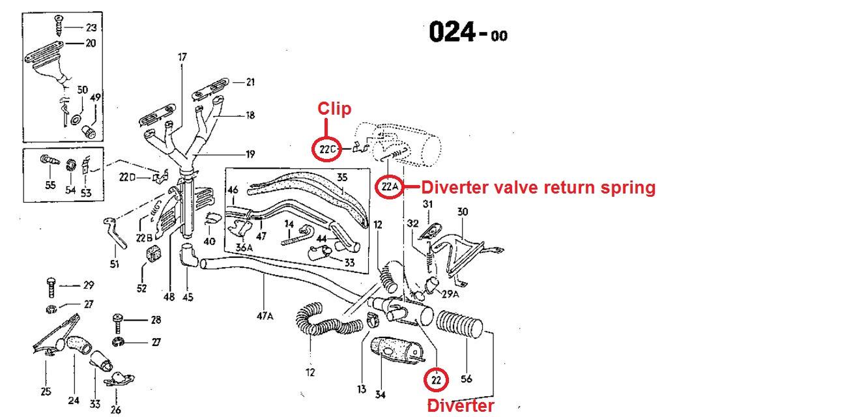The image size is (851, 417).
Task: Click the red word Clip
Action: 334,109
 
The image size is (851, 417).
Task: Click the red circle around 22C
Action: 327,149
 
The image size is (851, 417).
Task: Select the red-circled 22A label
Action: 389,188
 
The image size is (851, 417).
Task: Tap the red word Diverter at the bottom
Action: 460,406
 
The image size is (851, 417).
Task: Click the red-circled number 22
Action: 436,379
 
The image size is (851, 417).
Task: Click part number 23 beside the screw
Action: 91,27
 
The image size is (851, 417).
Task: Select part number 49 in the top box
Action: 95,98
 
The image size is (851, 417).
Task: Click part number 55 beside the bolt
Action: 50,185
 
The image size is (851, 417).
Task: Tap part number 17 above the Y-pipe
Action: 182,57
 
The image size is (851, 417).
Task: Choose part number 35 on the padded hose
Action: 343,177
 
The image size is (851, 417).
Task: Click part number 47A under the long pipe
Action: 265,317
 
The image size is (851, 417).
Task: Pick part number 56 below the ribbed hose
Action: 467,379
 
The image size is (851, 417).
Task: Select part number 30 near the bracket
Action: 462,211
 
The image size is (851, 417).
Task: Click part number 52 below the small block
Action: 141,287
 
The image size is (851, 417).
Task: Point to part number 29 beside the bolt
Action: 89,285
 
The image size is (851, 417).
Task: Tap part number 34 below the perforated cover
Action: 381,394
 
